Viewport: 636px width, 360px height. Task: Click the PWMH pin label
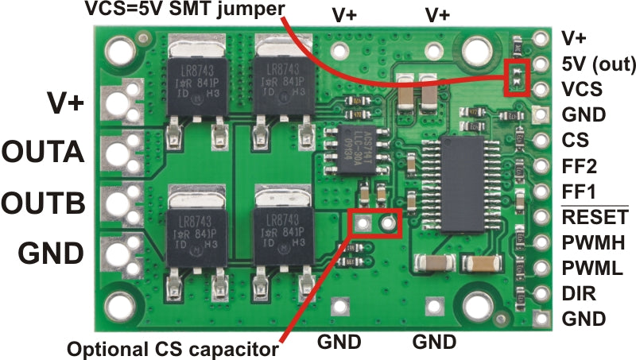592,242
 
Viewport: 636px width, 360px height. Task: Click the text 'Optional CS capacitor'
173,347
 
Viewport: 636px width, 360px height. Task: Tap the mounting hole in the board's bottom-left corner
121,305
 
